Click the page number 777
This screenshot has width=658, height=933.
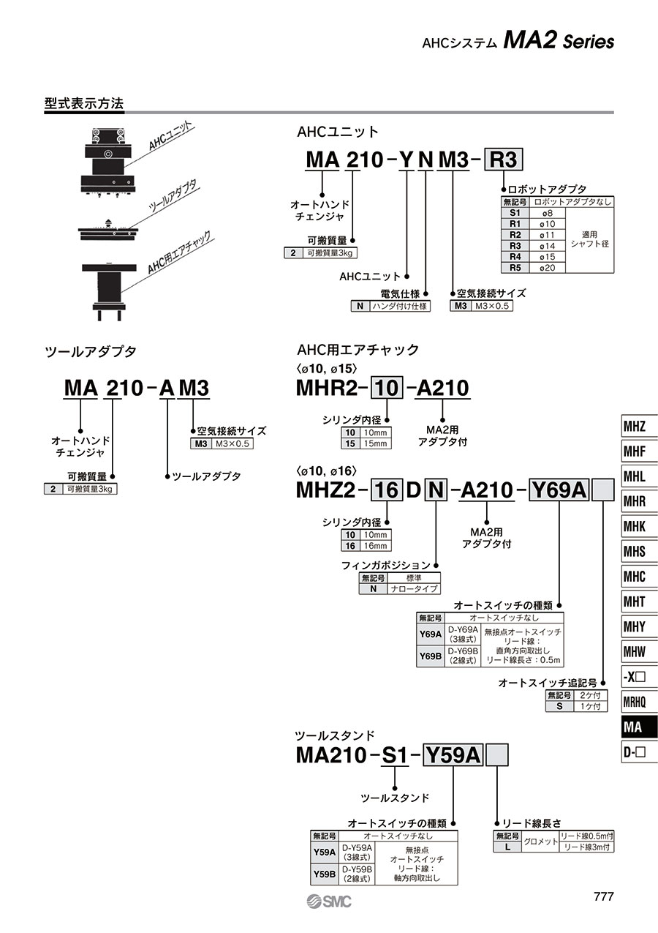point(603,897)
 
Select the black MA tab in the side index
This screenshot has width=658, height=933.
point(638,727)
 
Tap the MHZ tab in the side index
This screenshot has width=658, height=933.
point(638,427)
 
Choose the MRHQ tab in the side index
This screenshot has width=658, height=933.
point(638,702)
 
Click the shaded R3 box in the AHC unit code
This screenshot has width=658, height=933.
point(504,159)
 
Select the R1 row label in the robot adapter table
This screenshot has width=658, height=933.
point(515,224)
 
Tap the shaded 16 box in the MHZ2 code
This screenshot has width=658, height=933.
point(386,490)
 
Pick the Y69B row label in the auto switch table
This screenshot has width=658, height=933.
point(431,656)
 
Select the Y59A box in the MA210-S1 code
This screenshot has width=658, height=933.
point(453,754)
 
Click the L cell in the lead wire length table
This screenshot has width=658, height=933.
point(507,847)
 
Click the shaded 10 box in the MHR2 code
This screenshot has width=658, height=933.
point(387,388)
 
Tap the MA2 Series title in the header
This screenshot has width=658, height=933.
point(559,42)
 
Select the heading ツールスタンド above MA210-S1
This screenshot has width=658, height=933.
point(335,735)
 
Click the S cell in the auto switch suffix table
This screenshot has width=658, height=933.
point(560,706)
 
